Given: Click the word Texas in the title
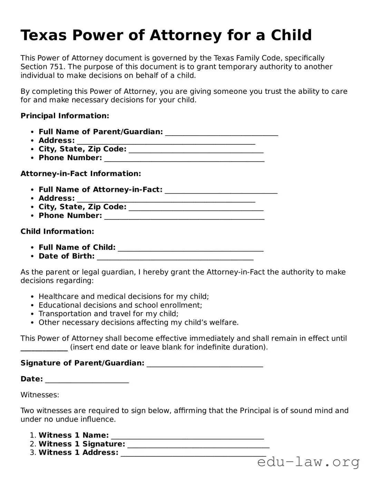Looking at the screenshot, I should [x=43, y=35].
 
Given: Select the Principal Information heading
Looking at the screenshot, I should [x=65, y=116].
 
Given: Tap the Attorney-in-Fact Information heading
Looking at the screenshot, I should [x=81, y=174].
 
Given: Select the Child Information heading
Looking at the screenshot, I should [x=57, y=231].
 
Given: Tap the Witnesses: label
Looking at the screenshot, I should [x=40, y=395].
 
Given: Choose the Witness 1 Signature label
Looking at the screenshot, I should [x=82, y=444].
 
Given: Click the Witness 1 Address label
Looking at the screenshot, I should [x=78, y=452].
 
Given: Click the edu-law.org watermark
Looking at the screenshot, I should [x=309, y=462].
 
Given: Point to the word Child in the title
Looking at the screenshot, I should [x=291, y=35].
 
